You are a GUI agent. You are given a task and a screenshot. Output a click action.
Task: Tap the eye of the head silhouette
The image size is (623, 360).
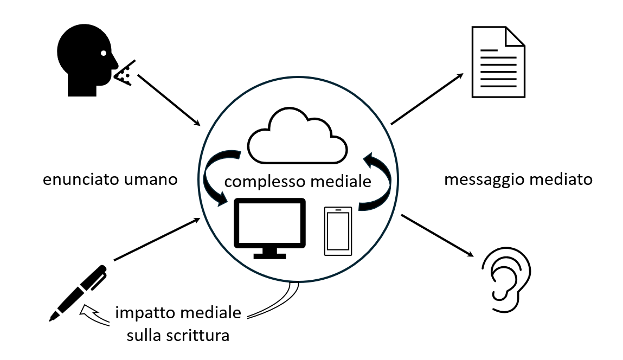[x=103, y=53]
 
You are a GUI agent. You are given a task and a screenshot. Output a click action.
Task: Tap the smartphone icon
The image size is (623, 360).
[x=338, y=231]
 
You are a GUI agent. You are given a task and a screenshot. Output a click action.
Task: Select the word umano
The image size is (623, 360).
[x=153, y=180]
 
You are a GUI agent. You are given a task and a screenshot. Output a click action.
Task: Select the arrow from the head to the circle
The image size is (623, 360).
[x=170, y=101]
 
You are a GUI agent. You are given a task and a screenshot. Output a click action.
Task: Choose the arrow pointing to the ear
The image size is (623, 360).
[x=435, y=235]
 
